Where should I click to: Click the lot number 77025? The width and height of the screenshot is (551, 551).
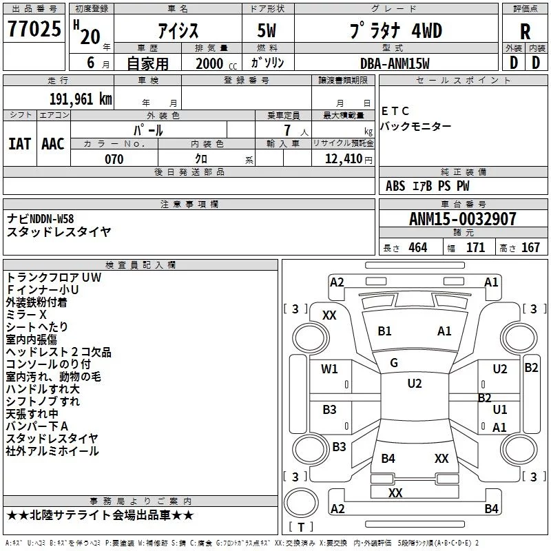point(34,29)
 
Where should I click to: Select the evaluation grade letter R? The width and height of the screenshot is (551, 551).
point(525,32)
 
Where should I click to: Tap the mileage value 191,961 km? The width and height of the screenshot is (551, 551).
point(81,99)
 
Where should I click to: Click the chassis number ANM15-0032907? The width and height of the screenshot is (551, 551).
point(463,219)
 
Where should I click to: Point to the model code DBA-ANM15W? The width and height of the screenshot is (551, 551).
point(395,63)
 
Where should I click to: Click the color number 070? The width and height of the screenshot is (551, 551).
point(114,159)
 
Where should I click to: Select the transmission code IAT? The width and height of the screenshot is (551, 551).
point(20,144)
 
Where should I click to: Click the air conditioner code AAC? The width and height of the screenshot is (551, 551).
point(53,144)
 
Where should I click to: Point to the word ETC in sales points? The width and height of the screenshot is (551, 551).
point(395,111)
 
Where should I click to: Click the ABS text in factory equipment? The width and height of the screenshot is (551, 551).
point(395,186)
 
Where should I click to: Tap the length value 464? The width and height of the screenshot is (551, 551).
point(418,247)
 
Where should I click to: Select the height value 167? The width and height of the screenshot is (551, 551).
point(530,247)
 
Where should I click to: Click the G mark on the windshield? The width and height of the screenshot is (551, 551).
point(394,363)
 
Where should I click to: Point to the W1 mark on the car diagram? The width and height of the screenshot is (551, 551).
point(329,369)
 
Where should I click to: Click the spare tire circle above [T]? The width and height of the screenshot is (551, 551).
point(301,503)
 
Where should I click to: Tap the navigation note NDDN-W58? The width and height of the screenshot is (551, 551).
point(52,219)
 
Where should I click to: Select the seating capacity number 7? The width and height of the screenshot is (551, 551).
point(287,130)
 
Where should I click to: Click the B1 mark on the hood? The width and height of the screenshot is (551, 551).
point(384,331)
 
